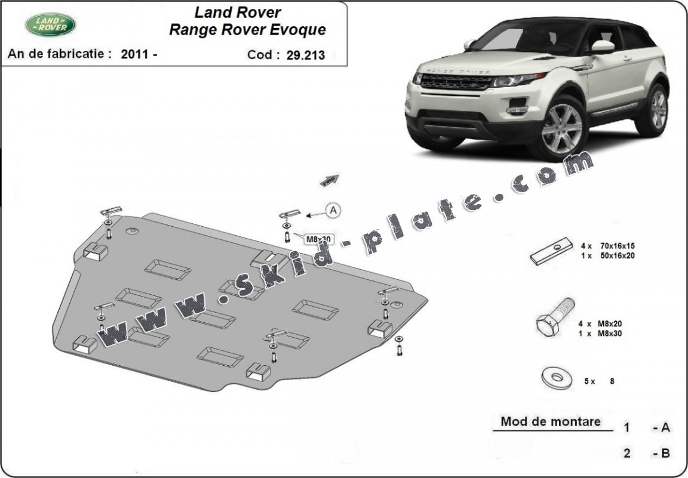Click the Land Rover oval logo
pyautogui.click(x=50, y=24)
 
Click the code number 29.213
pyautogui.click(x=306, y=55)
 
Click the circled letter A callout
pyautogui.click(x=333, y=211)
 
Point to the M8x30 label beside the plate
pyautogui.click(x=318, y=239)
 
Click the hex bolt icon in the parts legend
pyautogui.click(x=555, y=317)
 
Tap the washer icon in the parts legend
pyautogui.click(x=557, y=378)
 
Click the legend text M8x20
pyautogui.click(x=609, y=323)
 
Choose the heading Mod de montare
pyautogui.click(x=551, y=422)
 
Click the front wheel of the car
pyautogui.click(x=560, y=128)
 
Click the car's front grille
pyautogui.click(x=456, y=82)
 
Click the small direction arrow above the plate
pyautogui.click(x=330, y=180)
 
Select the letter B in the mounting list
pyautogui.click(x=666, y=453)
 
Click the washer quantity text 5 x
pyautogui.click(x=589, y=381)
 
